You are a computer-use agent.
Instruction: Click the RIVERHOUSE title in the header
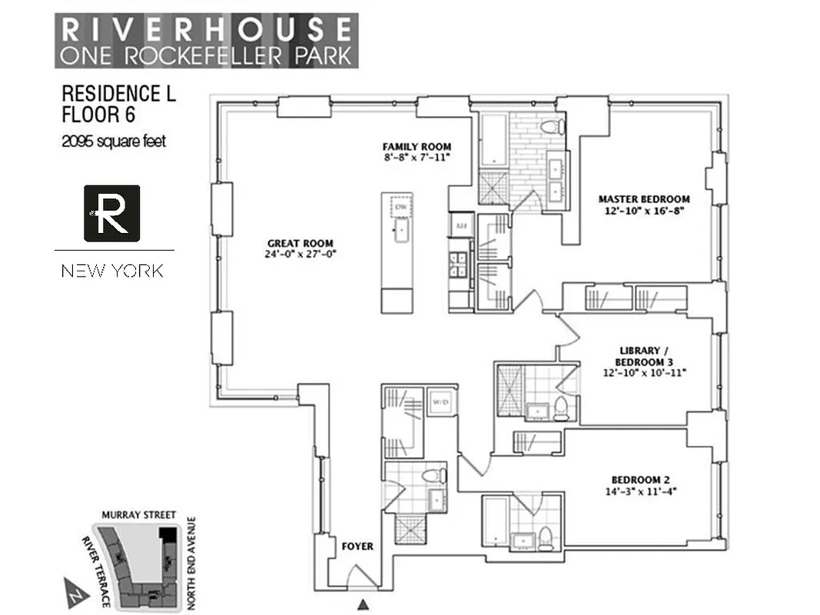click(206, 29)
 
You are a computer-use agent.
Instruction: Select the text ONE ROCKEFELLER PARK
click(206, 55)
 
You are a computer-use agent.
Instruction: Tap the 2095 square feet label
click(114, 141)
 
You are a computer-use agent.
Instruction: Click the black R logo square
click(112, 213)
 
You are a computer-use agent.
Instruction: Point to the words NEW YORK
click(112, 271)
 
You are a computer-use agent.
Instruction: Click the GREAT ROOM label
click(300, 248)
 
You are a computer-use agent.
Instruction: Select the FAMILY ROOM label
click(417, 151)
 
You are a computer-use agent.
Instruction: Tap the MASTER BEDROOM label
click(643, 204)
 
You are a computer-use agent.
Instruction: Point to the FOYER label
click(357, 547)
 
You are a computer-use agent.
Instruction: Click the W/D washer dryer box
click(442, 401)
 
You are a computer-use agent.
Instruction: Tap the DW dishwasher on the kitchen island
click(400, 207)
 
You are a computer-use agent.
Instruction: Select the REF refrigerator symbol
click(461, 226)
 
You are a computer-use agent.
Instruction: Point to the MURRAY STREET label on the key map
click(139, 515)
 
